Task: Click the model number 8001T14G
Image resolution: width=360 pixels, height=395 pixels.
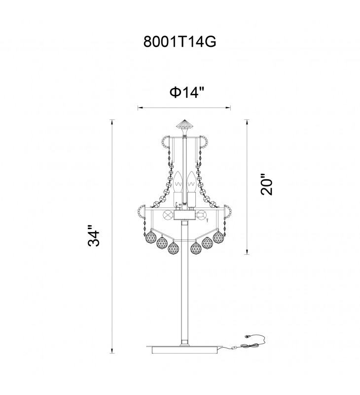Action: tap(180, 41)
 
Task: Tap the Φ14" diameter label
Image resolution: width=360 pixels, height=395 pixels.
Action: tap(186, 93)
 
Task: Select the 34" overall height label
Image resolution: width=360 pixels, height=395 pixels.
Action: tap(94, 236)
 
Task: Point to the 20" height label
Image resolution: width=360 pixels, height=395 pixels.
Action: tap(267, 184)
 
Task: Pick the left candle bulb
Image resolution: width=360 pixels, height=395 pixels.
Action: tap(178, 182)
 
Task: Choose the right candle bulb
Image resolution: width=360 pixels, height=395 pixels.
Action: tap(192, 182)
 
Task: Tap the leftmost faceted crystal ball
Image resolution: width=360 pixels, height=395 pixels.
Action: tap(151, 237)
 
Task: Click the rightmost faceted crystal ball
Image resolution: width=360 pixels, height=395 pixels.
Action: tap(218, 237)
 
